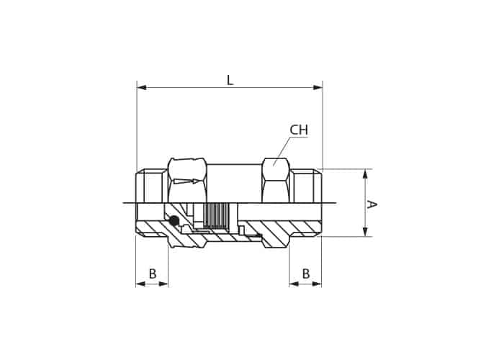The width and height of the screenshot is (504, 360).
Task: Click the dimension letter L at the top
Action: click(230, 81)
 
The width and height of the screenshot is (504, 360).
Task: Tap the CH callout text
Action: click(299, 130)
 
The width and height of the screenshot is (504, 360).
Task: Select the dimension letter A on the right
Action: click(372, 204)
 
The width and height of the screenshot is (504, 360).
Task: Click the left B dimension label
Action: click(153, 274)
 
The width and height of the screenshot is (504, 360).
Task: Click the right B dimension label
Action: click(306, 274)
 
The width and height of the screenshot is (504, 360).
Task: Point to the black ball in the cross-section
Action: click(174, 220)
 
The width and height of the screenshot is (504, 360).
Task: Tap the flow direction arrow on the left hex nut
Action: click(186, 181)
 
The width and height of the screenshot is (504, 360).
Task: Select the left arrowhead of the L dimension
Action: click(142, 87)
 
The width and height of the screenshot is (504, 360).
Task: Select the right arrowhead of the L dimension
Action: click(318, 87)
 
